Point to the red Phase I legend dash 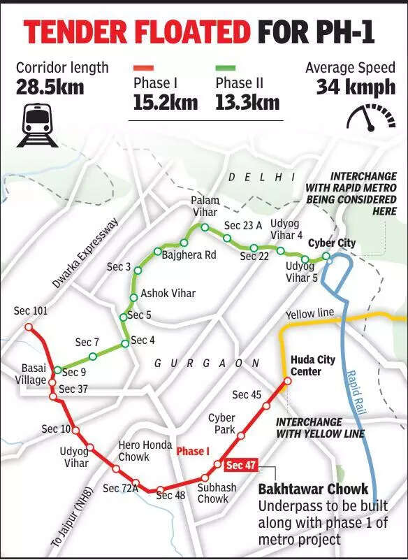(x=143, y=69)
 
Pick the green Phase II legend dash (x=225, y=69)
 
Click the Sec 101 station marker (x=29, y=326)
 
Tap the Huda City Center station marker (x=287, y=381)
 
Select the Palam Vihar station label (x=205, y=206)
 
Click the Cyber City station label (x=332, y=243)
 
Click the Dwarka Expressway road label (x=86, y=254)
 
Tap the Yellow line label (x=309, y=313)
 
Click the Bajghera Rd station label (x=189, y=255)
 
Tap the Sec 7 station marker (x=92, y=357)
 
